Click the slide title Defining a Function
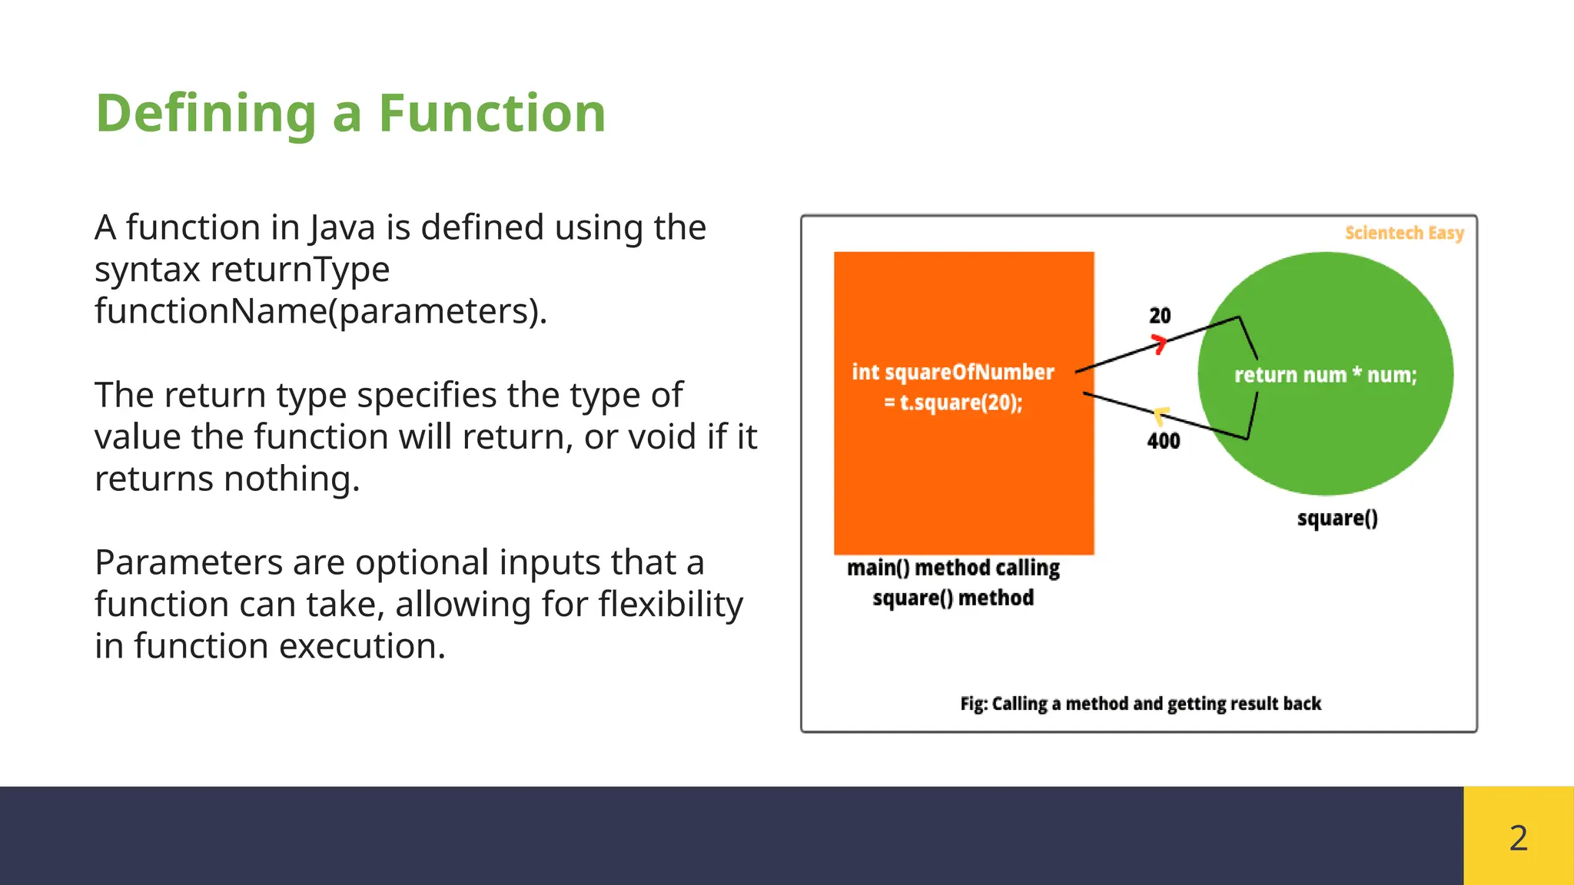(350, 114)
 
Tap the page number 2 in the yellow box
(1518, 837)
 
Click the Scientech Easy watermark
(1404, 233)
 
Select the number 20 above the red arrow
(1160, 316)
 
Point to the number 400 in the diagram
(1164, 441)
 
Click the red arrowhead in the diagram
(1159, 343)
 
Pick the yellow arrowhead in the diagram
(1161, 415)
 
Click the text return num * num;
(1325, 375)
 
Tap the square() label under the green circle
(1337, 519)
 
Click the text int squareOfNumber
(953, 373)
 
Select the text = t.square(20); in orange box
(953, 403)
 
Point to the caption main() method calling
(953, 568)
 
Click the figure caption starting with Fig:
(1141, 704)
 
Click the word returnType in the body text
(300, 270)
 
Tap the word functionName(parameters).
(320, 311)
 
